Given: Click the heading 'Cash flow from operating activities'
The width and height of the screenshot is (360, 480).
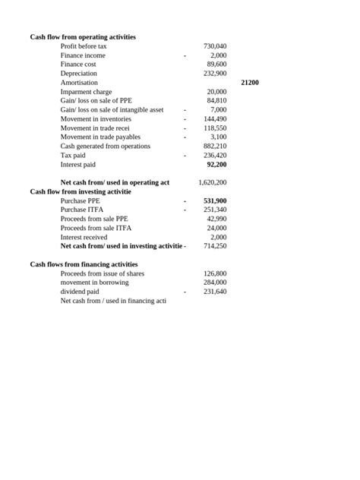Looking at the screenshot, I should (x=83, y=37).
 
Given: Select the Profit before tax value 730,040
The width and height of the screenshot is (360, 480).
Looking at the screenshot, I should (x=215, y=46).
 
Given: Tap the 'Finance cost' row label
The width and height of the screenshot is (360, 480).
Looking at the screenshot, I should (x=78, y=65).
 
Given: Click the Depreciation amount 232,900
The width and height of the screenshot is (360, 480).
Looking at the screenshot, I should (x=215, y=74).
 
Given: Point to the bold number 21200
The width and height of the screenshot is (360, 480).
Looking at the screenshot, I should (x=249, y=82).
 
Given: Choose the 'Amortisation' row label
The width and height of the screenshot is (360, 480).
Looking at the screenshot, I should (x=79, y=83).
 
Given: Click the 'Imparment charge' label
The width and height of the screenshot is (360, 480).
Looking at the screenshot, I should (x=86, y=92).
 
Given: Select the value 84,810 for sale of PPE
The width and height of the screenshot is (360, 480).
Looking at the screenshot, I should (x=216, y=100).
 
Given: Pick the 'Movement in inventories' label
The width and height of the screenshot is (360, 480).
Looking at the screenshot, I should (x=96, y=119).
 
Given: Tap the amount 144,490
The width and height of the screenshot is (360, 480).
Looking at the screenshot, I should (x=215, y=119).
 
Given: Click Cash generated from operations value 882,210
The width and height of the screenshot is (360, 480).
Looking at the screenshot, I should (x=215, y=146).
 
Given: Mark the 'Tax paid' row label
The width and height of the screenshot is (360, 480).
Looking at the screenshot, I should (x=73, y=155).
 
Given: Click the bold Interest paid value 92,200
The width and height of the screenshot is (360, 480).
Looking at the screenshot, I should (x=216, y=164).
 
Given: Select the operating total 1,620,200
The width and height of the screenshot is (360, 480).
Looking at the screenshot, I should (x=212, y=182).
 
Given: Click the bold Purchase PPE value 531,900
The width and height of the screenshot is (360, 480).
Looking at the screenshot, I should (x=215, y=201).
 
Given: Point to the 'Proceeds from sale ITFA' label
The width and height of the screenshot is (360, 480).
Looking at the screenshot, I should (x=96, y=228).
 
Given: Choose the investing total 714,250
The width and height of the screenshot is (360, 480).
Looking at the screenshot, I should (x=215, y=246).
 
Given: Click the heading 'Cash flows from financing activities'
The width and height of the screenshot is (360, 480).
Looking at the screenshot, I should (x=84, y=264).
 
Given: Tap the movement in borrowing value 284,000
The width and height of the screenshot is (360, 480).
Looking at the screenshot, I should (x=215, y=283).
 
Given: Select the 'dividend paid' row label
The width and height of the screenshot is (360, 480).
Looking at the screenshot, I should (x=80, y=292).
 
